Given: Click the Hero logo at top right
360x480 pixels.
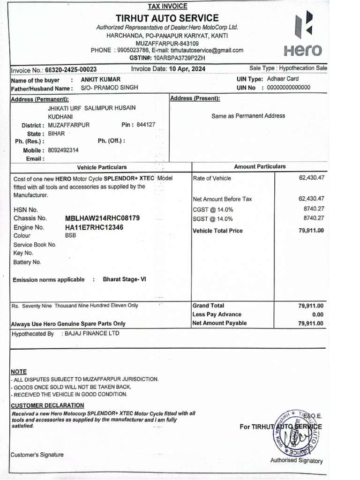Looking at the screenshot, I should pyautogui.click(x=303, y=36).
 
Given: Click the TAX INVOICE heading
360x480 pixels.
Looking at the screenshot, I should pyautogui.click(x=167, y=6).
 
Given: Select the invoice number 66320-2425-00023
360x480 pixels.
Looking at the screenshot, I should pyautogui.click(x=71, y=69).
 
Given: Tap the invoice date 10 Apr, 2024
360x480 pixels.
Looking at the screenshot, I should pyautogui.click(x=187, y=69).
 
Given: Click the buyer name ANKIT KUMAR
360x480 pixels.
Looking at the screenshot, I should pyautogui.click(x=100, y=79).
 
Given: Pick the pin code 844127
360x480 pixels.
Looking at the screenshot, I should pyautogui.click(x=146, y=125).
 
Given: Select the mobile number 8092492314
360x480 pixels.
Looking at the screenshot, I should pyautogui.click(x=63, y=150).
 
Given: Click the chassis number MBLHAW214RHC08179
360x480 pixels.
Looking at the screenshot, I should pyautogui.click(x=102, y=218).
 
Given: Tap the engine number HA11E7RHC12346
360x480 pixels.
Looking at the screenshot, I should pyautogui.click(x=94, y=227).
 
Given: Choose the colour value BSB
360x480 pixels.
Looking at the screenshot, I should pyautogui.click(x=70, y=236).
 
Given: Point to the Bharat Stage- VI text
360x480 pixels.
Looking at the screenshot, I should pyautogui.click(x=124, y=279).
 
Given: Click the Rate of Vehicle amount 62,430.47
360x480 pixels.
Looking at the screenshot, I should pyautogui.click(x=311, y=178).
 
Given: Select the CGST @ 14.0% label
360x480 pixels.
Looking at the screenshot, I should pyautogui.click(x=213, y=210).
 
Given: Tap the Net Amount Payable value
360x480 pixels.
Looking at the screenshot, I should pyautogui.click(x=311, y=323).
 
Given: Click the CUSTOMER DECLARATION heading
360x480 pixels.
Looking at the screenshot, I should pyautogui.click(x=47, y=405).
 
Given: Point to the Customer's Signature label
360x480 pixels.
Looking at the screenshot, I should pyautogui.click(x=37, y=455).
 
